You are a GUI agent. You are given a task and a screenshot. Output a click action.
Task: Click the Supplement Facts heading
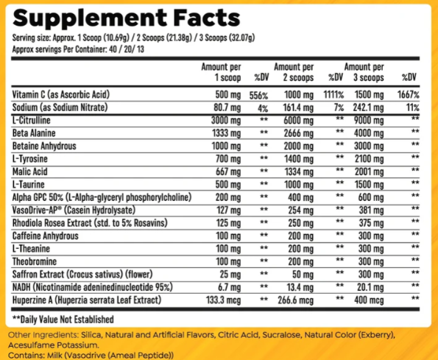(x=126, y=17)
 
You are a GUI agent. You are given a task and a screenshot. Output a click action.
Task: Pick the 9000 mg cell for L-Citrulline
(x=366, y=119)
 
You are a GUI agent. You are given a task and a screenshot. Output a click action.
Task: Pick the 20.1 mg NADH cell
(x=366, y=286)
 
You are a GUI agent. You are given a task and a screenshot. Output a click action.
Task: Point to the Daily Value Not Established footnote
(x=63, y=319)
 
